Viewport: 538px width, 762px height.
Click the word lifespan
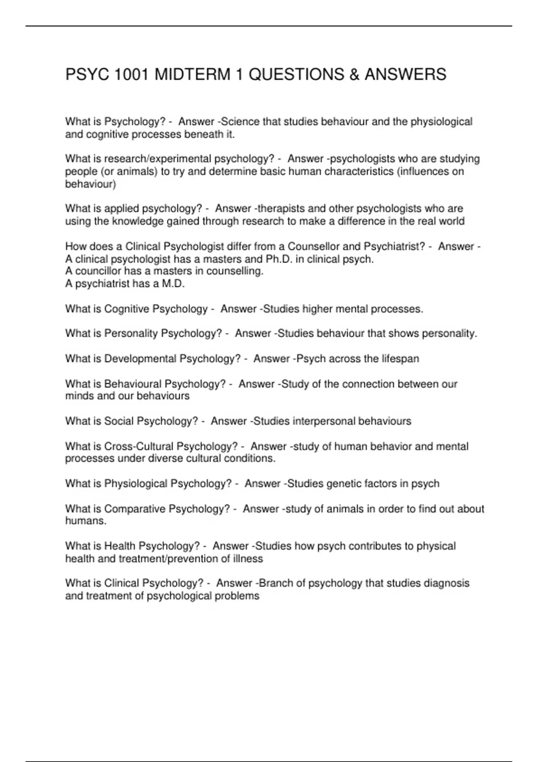coord(400,359)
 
